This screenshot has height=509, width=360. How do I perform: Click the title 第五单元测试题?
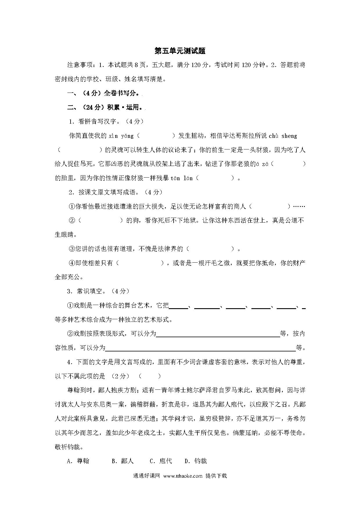180,51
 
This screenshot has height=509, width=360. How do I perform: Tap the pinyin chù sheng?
283,136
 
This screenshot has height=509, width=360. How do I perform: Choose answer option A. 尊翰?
78,461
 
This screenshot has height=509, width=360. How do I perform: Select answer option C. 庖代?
161,461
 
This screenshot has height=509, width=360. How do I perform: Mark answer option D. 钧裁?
196,461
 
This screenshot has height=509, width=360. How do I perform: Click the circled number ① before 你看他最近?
72,206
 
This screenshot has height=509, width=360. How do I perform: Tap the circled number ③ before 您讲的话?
72,249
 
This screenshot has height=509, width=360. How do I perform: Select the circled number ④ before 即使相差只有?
72,263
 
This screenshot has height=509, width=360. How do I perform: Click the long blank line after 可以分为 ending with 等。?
200,348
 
